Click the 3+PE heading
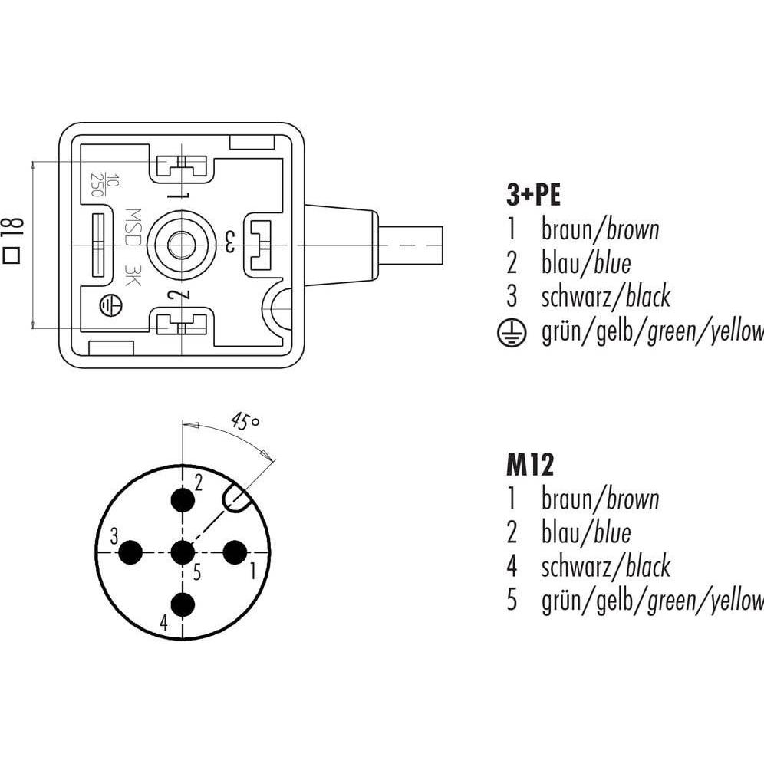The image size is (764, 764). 534,196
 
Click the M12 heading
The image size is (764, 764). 529,465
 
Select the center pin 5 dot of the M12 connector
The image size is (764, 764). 183,552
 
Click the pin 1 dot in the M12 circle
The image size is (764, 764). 234,552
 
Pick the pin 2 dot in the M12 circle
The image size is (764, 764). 183,500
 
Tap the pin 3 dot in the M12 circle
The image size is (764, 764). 131,552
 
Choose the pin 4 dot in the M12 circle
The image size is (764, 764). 183,604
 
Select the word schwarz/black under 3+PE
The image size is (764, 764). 606,296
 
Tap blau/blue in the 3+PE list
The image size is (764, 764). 587,263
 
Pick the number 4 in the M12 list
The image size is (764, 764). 512,567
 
